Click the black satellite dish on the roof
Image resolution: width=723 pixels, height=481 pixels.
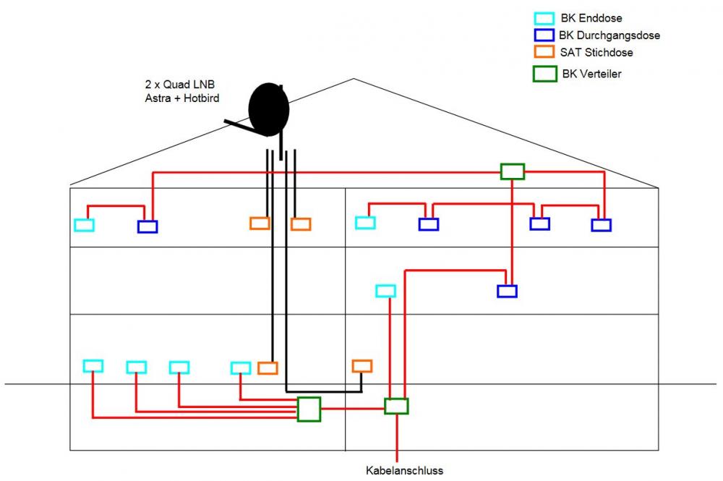(268, 109)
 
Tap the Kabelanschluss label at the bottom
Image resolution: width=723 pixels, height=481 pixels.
(404, 470)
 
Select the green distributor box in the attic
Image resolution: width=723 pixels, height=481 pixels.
(512, 171)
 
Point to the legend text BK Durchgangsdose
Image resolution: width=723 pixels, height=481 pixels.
(609, 35)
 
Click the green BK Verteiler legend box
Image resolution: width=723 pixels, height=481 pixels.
(544, 74)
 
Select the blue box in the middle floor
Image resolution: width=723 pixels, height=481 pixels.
(507, 291)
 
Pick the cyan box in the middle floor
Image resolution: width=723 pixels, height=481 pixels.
(385, 291)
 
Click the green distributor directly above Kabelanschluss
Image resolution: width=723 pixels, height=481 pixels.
(396, 406)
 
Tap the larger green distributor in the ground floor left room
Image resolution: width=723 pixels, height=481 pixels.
(309, 409)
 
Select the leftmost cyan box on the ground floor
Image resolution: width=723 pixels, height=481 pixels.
(93, 366)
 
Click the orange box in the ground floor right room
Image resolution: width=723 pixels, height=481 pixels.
(361, 366)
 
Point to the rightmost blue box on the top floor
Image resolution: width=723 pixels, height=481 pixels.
(601, 225)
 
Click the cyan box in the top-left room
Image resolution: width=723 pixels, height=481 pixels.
(84, 225)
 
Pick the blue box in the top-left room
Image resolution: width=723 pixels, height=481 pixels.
(147, 227)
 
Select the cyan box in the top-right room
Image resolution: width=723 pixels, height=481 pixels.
(365, 223)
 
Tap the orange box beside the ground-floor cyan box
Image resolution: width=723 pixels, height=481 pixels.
(268, 368)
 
